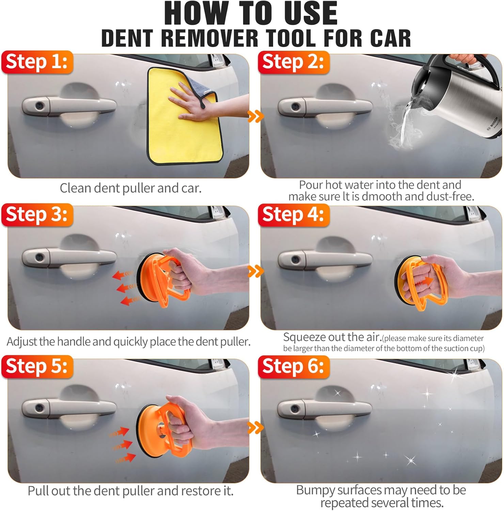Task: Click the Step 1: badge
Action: coord(37,62)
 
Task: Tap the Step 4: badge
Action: coord(294,215)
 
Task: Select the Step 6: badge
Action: coord(294,367)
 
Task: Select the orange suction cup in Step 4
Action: coord(422,281)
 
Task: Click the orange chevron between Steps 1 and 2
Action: coord(256,116)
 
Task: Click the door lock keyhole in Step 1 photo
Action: coord(40,106)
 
